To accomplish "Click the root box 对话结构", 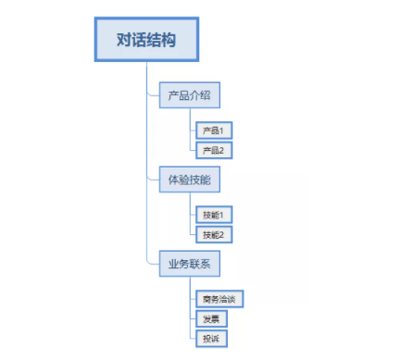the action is click(x=146, y=41).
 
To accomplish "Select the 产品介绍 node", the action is click(x=190, y=96).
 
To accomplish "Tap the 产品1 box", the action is click(x=212, y=130).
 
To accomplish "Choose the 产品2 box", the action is click(x=212, y=148).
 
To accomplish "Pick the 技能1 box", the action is click(x=212, y=215).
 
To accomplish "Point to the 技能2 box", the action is click(x=212, y=234).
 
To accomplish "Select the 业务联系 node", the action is click(x=190, y=264).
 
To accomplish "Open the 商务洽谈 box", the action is click(x=219, y=299).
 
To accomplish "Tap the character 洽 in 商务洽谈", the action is click(x=224, y=299).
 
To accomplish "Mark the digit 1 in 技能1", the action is click(x=221, y=215).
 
